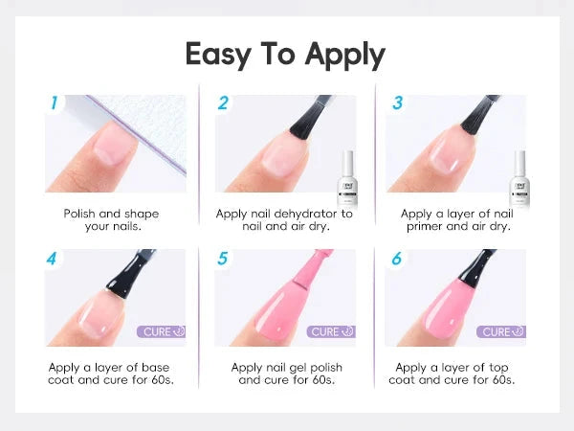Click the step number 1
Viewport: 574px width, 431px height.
(x=55, y=102)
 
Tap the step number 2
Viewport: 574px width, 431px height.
(x=223, y=102)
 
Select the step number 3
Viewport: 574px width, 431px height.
(x=398, y=102)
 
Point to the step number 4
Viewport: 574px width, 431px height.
(x=52, y=259)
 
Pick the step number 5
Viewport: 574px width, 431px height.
(x=223, y=259)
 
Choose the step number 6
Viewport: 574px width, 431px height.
(x=397, y=259)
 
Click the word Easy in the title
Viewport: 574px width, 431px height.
(x=218, y=55)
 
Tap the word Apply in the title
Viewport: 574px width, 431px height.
(x=344, y=56)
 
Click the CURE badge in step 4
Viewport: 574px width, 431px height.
(x=161, y=331)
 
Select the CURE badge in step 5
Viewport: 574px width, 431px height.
(x=331, y=331)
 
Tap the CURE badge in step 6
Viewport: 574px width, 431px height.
(x=501, y=331)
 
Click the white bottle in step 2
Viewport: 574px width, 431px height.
(x=346, y=178)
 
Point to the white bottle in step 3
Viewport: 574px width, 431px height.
(x=519, y=178)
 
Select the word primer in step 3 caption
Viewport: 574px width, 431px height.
(x=425, y=227)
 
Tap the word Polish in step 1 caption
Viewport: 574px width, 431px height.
(x=79, y=214)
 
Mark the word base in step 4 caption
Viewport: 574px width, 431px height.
(x=155, y=367)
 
